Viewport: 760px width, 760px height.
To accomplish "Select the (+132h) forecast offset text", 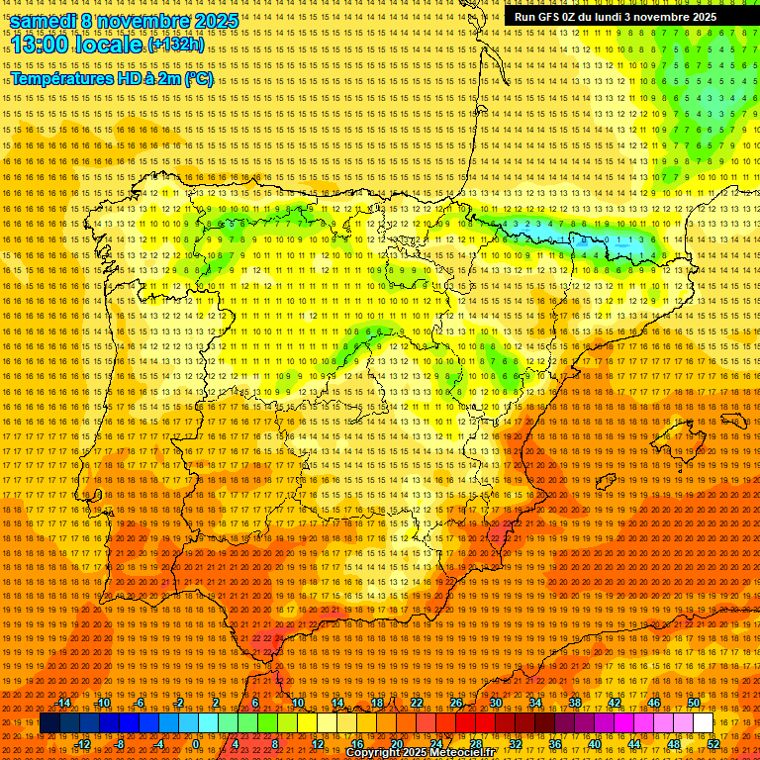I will tap(176, 46).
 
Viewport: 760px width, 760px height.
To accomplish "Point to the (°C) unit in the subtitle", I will tap(198, 78).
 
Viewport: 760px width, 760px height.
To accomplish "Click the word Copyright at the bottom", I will tap(374, 752).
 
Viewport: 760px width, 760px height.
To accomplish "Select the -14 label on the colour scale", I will tap(64, 704).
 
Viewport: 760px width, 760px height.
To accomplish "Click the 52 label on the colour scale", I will tap(713, 743).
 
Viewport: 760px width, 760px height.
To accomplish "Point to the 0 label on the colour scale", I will tap(196, 743).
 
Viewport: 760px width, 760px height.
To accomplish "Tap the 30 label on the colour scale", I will tap(495, 704).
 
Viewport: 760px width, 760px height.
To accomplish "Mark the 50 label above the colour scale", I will tap(694, 704).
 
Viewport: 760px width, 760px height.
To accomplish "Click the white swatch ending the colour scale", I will tap(704, 723).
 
